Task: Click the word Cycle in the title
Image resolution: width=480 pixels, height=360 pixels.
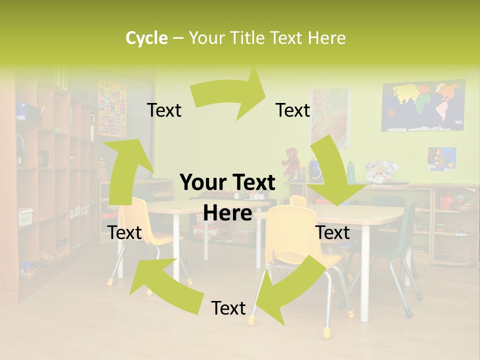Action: pyautogui.click(x=146, y=38)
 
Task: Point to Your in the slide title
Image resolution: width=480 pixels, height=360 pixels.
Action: pyautogui.click(x=206, y=38)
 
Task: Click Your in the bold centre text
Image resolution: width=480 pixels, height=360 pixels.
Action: pyautogui.click(x=200, y=183)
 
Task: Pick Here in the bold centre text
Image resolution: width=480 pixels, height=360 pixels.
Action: pyautogui.click(x=227, y=213)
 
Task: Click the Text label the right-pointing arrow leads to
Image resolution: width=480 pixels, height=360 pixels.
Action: pyautogui.click(x=293, y=110)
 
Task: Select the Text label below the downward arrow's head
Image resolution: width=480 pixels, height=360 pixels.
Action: pyautogui.click(x=332, y=232)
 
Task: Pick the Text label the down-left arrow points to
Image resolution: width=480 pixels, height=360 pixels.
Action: pyautogui.click(x=228, y=308)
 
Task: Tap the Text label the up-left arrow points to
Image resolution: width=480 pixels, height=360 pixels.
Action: pyautogui.click(x=125, y=232)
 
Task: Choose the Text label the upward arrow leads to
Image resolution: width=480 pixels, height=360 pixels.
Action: pyautogui.click(x=164, y=110)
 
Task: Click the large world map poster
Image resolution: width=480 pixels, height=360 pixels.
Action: pyautogui.click(x=423, y=106)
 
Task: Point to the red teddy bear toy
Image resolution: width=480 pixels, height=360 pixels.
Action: pyautogui.click(x=289, y=161)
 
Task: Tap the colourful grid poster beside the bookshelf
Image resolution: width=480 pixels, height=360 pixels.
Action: pyautogui.click(x=112, y=108)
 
